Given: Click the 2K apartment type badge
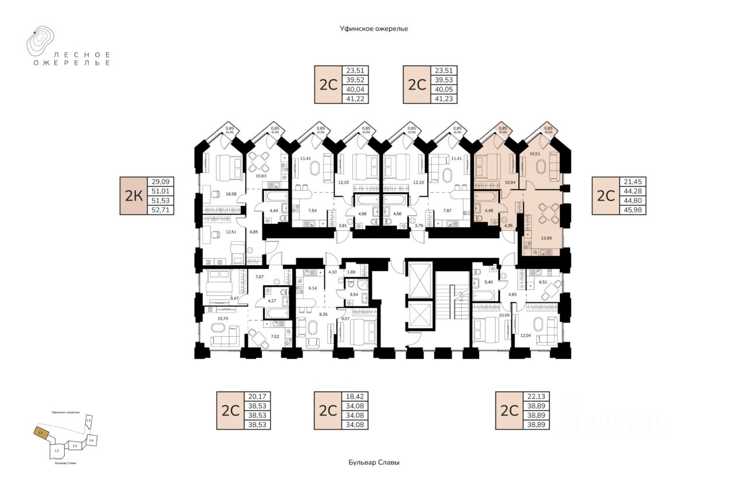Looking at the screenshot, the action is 134,196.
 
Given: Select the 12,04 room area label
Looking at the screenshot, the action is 525,336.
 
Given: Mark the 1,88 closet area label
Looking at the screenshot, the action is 351,271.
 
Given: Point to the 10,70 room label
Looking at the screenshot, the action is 222,319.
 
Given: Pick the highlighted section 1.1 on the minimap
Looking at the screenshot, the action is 40,433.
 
